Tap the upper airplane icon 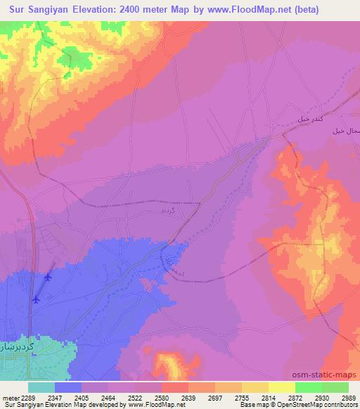coord(48,276)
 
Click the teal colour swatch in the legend coord(41,387)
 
